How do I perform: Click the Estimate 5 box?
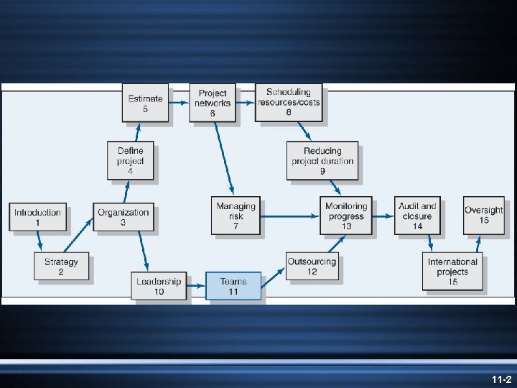(146, 103)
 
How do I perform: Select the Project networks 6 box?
(213, 103)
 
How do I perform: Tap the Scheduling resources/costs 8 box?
(289, 102)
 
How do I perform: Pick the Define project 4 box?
(131, 161)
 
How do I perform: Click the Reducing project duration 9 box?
(322, 161)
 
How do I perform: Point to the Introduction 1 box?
(38, 217)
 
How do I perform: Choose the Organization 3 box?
(124, 217)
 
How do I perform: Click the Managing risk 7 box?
(236, 216)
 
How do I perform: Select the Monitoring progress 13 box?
(347, 216)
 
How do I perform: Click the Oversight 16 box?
(484, 215)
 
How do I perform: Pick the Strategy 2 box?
(61, 267)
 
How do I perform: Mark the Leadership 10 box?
(159, 285)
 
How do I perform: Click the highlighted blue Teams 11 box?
(233, 286)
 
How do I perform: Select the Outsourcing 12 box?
(312, 267)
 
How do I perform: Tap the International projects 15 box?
(452, 272)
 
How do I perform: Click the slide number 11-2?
(501, 379)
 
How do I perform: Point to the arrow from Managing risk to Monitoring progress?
(291, 213)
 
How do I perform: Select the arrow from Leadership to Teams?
(196, 286)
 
